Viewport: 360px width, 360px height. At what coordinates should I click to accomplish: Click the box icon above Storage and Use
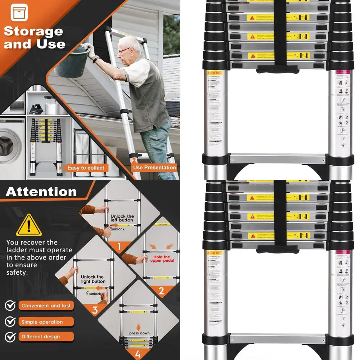pyautogui.click(x=19, y=13)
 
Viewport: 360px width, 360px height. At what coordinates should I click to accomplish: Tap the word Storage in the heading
pyautogui.click(x=33, y=31)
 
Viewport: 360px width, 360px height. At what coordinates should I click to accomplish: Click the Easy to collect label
pyautogui.click(x=86, y=168)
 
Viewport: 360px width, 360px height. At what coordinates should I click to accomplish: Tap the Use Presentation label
pyautogui.click(x=154, y=167)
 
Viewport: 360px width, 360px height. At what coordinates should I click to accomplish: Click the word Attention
pyautogui.click(x=41, y=192)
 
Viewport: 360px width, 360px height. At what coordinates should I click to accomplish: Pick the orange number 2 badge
pyautogui.click(x=161, y=291)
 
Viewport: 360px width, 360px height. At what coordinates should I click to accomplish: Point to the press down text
pyautogui.click(x=139, y=333)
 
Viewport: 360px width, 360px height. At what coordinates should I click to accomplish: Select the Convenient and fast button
pyautogui.click(x=46, y=306)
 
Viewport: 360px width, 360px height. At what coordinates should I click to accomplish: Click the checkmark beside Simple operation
pyautogui.click(x=10, y=321)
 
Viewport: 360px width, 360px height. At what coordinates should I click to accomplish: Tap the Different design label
pyautogui.click(x=40, y=337)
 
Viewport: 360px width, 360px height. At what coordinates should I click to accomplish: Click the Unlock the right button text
pyautogui.click(x=93, y=279)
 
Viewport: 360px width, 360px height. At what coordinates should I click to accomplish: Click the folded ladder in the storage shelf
pyautogui.click(x=46, y=146)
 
